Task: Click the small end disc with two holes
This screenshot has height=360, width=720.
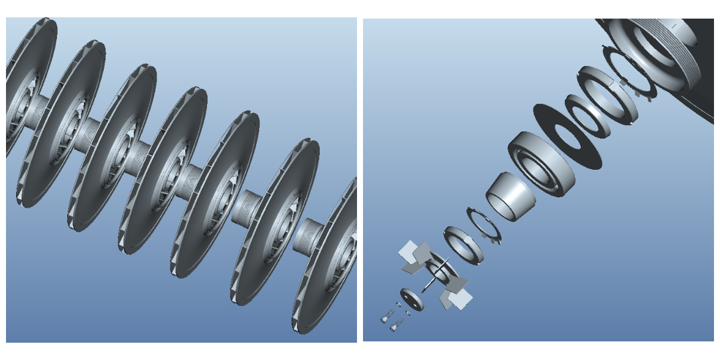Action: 412,299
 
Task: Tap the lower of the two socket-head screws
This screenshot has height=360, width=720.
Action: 394,326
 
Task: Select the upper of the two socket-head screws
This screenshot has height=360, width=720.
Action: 385,317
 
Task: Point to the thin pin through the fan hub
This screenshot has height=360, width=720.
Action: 436,275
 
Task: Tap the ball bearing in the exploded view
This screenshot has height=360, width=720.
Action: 541,163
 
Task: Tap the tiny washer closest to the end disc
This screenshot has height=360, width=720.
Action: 407,313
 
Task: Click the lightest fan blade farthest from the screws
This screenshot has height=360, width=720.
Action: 408,248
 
